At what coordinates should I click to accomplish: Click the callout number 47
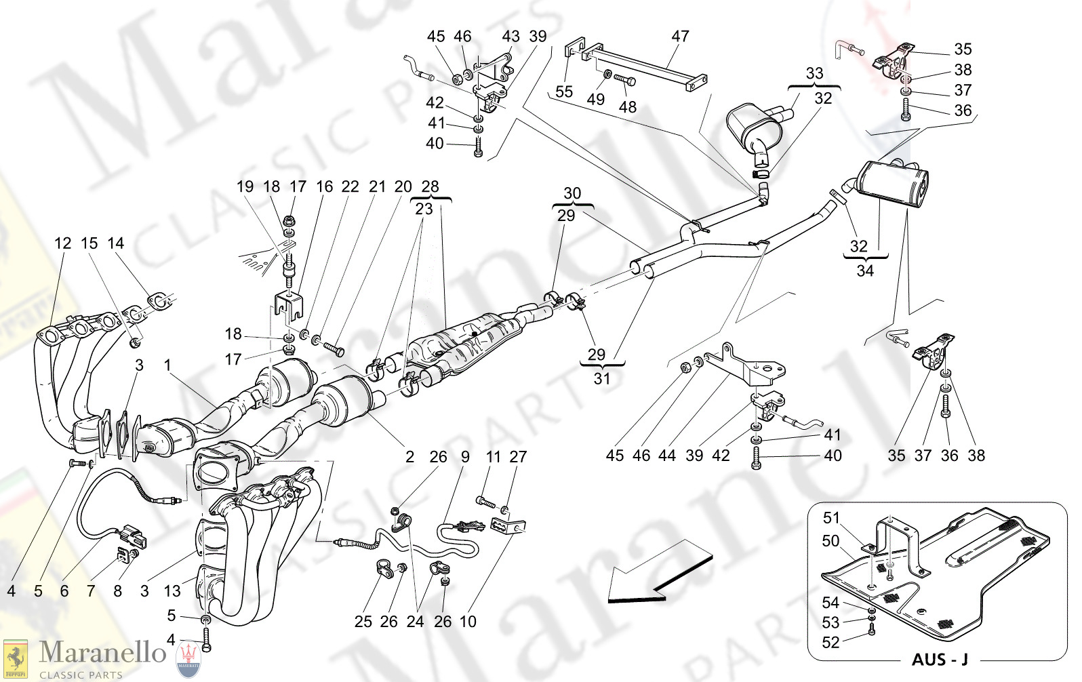[680, 36]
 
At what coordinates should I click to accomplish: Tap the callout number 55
[564, 92]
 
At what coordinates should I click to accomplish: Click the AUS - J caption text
[939, 660]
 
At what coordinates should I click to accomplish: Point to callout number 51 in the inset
[831, 518]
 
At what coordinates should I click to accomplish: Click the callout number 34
[865, 270]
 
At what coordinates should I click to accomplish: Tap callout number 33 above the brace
[814, 73]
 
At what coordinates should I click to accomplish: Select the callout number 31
[602, 378]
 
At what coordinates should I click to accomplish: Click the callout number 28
[430, 186]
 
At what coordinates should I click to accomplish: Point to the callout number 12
[62, 243]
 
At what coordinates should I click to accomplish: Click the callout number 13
[172, 591]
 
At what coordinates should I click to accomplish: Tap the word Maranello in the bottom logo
[102, 653]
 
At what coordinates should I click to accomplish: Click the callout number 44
[667, 456]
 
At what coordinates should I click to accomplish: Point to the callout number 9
[465, 457]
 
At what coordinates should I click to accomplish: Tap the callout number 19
[245, 186]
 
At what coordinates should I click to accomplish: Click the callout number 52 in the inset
[830, 642]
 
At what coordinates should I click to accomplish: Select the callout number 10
[468, 622]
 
